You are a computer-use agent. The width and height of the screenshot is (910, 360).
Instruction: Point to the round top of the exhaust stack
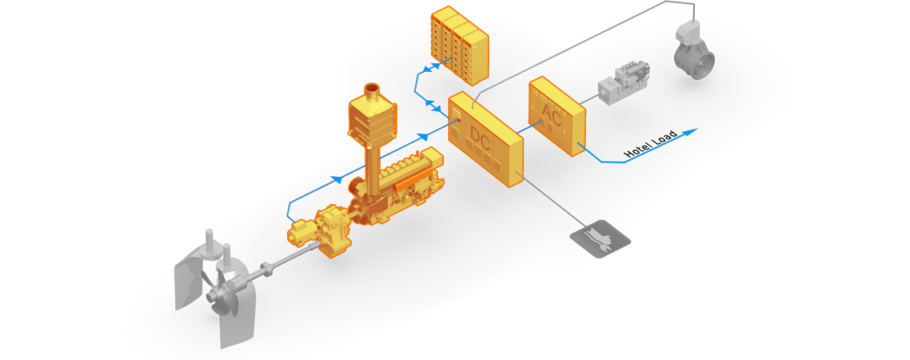pos(372,87)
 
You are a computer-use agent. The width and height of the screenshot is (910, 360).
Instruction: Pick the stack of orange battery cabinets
pos(460,44)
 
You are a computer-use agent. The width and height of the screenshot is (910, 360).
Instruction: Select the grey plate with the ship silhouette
pos(601,238)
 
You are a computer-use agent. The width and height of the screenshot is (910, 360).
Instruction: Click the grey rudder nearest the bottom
pos(237,316)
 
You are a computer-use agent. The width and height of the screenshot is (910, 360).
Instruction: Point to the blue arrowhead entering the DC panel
pos(424,138)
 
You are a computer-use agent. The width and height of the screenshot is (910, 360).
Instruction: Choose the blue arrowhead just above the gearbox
pos(337,180)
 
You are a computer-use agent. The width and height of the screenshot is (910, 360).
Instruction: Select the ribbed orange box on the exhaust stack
pos(373,120)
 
